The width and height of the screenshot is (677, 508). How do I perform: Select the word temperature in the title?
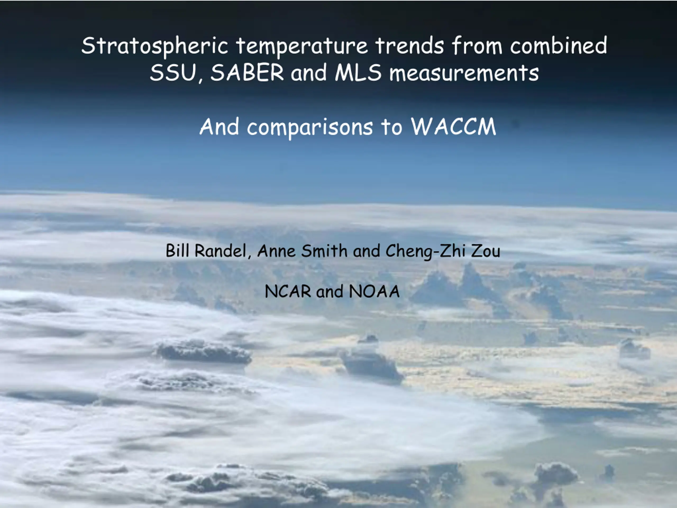click(x=302, y=46)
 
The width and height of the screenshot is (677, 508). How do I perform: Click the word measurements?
click(x=464, y=74)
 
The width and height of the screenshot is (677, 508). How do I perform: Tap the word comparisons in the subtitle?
click(x=310, y=127)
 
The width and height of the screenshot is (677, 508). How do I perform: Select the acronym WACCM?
click(x=453, y=126)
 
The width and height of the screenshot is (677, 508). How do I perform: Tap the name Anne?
click(x=276, y=251)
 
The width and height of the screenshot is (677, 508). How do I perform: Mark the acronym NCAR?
click(x=288, y=291)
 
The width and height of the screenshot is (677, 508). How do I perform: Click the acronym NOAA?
click(x=374, y=291)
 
